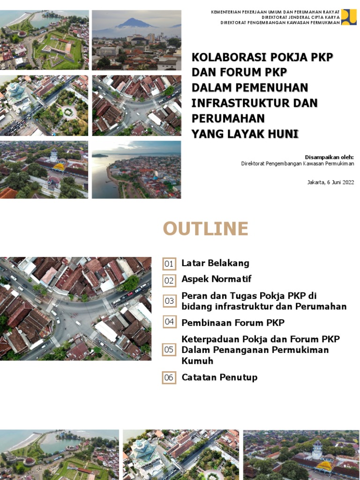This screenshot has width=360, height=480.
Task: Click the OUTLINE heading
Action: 205,229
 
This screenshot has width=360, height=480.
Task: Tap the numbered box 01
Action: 169,264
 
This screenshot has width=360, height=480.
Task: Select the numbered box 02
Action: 169,281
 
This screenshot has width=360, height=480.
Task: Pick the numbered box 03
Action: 169,301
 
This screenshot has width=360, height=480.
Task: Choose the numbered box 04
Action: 169,322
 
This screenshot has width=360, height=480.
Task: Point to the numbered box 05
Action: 169,350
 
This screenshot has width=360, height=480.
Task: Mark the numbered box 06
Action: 169,378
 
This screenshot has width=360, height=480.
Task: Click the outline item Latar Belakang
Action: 215,263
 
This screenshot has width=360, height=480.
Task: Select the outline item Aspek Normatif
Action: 216,279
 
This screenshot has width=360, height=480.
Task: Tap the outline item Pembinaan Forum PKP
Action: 232,322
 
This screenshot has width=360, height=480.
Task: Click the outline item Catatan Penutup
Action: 219,377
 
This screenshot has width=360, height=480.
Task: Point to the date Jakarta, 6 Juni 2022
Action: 330,182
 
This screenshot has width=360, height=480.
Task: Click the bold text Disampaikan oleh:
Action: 329,157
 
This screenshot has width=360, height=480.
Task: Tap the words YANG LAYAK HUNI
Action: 245,134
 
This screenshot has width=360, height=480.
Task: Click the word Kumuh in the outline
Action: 197,361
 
